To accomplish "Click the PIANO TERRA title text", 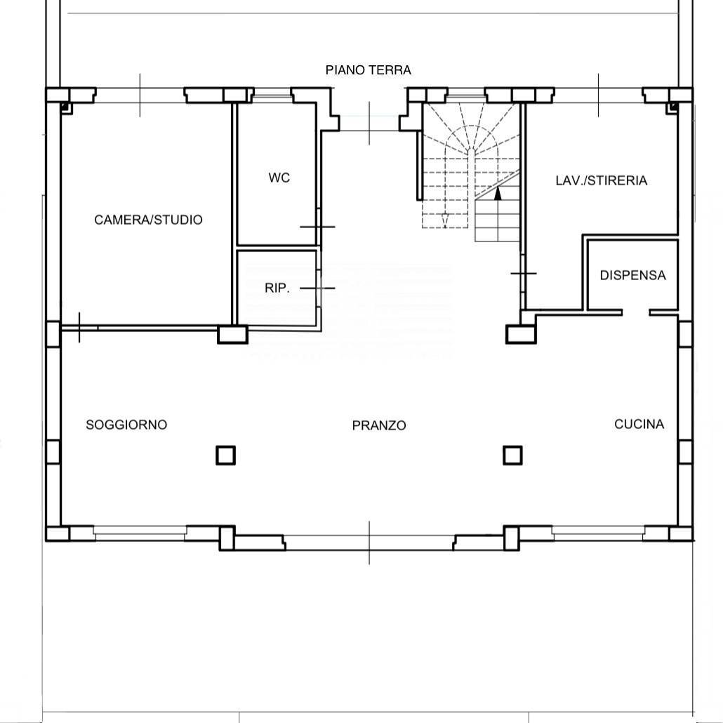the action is coord(368,70).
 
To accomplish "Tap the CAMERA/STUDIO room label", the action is coord(149,220).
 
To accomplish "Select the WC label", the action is coord(279,178).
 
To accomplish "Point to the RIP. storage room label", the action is coord(277,288).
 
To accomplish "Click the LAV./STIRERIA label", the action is coord(602,180).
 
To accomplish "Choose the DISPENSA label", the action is coord(632,275).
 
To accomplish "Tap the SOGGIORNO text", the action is coord(126,424).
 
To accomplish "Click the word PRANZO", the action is coord(379,425).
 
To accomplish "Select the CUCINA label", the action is coord(639,424).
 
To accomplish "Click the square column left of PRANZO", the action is coord(225,455).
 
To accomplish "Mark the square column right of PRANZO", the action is coord(512,455).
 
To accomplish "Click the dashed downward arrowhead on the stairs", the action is coord(445,221).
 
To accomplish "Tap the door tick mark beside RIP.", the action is coord(318,288).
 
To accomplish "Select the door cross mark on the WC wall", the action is coord(318,227).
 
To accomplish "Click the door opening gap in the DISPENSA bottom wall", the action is coord(636,312).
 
